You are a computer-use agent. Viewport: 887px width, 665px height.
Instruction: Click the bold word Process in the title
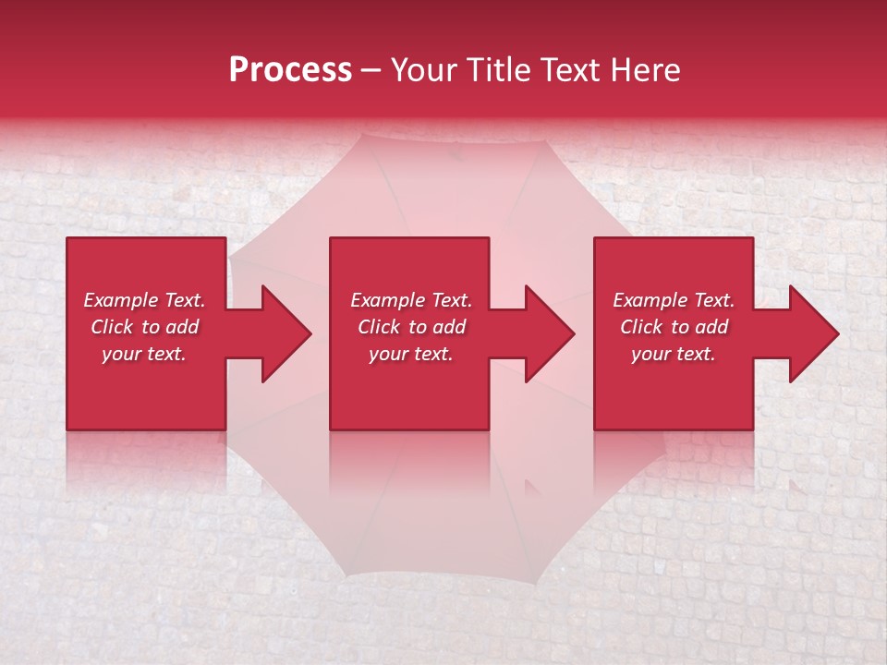(x=290, y=70)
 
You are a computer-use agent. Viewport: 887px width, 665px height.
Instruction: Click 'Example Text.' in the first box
(x=144, y=300)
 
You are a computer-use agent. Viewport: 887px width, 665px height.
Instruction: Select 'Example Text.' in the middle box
(x=410, y=300)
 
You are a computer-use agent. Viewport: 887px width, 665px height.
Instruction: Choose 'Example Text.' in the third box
(x=674, y=300)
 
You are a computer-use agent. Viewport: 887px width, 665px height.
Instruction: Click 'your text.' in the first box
(x=144, y=354)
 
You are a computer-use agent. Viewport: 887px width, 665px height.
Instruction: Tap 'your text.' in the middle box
(x=410, y=354)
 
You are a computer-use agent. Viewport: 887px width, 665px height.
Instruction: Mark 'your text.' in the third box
(x=674, y=354)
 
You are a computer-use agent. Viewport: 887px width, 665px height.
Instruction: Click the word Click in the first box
(x=112, y=327)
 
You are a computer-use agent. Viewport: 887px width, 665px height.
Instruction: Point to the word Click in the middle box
(x=379, y=327)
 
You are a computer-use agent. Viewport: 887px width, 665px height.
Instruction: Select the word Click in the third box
(x=641, y=327)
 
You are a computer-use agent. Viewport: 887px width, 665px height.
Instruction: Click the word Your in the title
(x=425, y=70)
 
